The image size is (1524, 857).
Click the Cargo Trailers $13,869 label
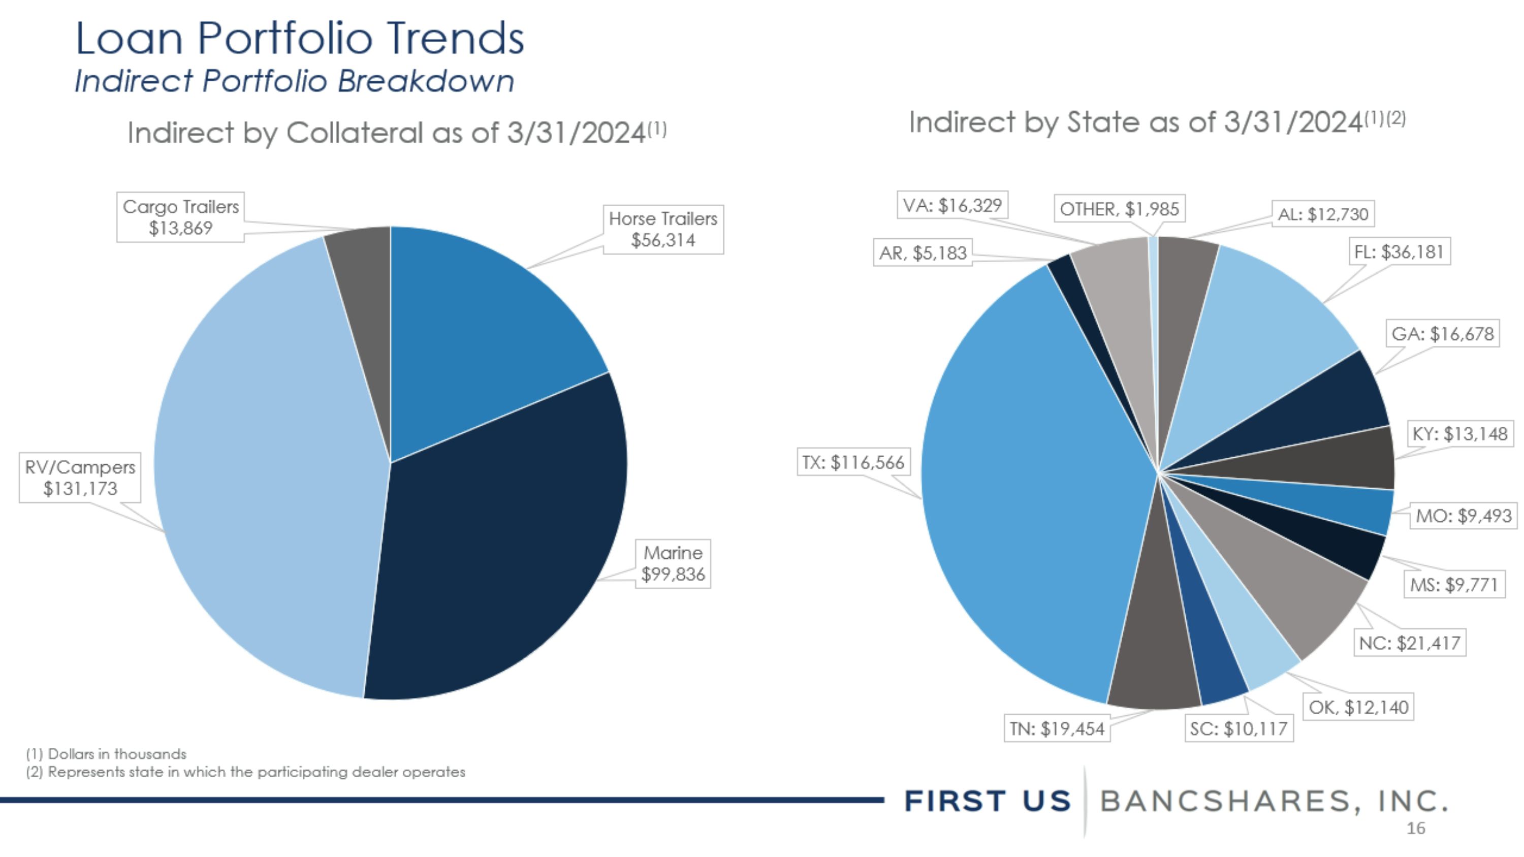[x=180, y=217]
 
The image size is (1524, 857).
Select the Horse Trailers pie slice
[x=485, y=331]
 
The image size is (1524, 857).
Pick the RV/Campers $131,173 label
[x=80, y=478]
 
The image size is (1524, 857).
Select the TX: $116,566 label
[x=853, y=462]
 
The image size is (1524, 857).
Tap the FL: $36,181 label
[x=1399, y=252]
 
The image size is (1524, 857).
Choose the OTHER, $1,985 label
[x=1119, y=209]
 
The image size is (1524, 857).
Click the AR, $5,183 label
[x=923, y=252]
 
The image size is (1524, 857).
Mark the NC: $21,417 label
[x=1410, y=643]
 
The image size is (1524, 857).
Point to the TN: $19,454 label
[x=1057, y=728]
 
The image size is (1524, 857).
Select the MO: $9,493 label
[x=1464, y=516]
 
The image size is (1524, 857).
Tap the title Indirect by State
[x=1157, y=122]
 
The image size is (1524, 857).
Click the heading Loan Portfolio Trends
[x=300, y=38]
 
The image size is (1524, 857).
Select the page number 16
[x=1416, y=829]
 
